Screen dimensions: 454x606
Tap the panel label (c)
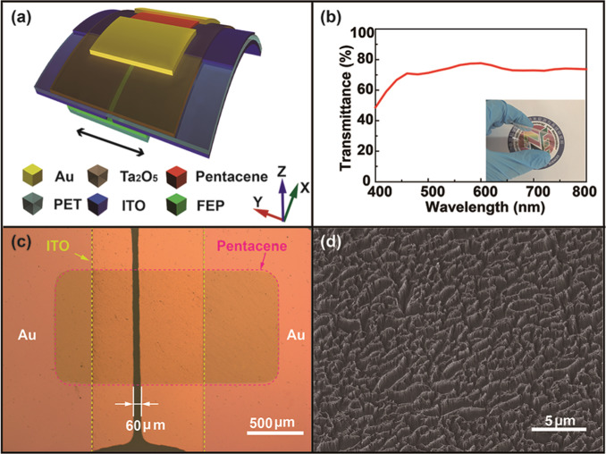[x=20, y=242]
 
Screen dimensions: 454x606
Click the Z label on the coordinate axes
[x=282, y=169]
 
